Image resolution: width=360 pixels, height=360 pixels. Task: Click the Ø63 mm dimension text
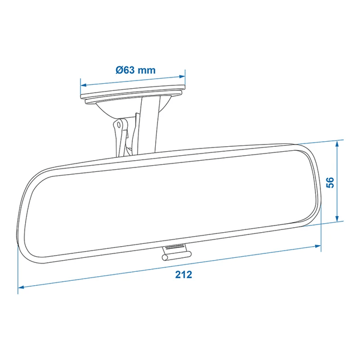(x=136, y=70)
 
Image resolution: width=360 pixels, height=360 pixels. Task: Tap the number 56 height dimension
(x=330, y=182)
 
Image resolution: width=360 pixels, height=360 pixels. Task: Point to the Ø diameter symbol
(x=119, y=70)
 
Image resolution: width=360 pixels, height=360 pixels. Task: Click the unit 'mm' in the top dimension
(x=147, y=70)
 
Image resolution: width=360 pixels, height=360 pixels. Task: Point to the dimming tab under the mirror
(x=174, y=253)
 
